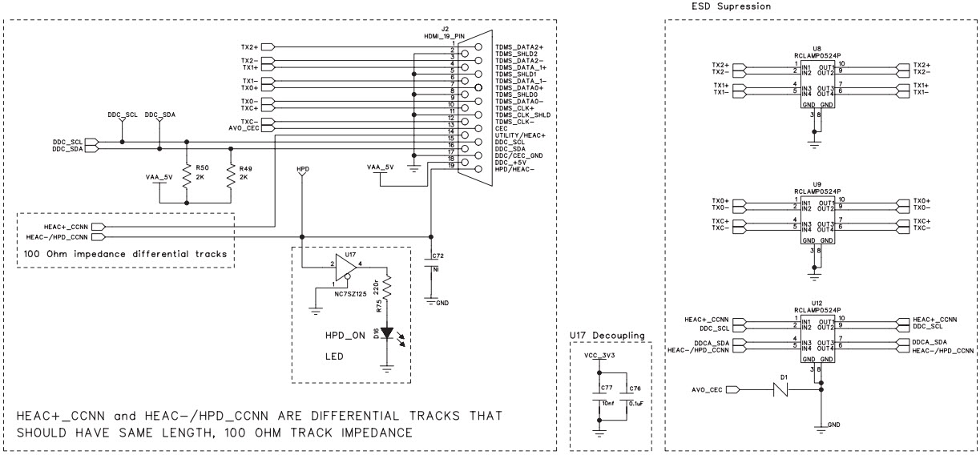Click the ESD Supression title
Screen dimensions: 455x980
point(731,6)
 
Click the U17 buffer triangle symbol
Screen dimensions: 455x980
point(345,270)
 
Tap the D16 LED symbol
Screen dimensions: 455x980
point(388,331)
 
